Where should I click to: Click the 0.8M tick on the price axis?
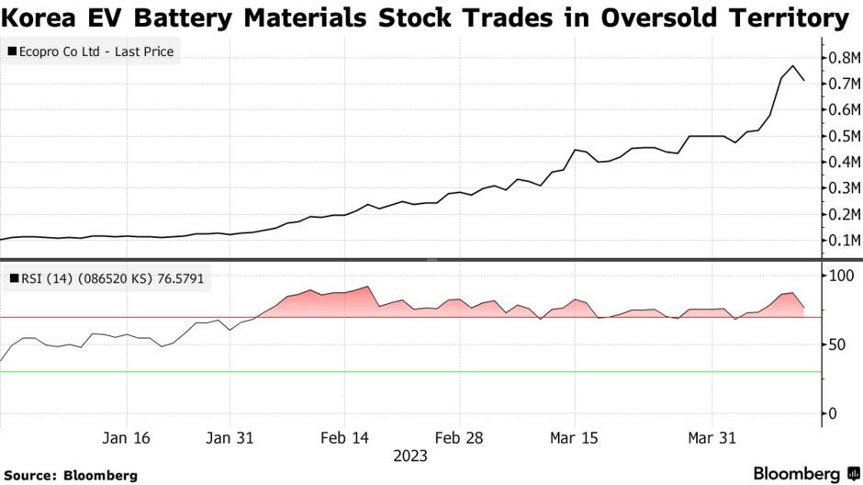click(843, 58)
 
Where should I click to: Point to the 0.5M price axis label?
click(843, 136)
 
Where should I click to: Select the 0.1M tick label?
click(843, 241)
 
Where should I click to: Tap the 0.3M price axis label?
click(843, 188)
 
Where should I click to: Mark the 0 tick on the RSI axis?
click(834, 413)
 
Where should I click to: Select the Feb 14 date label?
click(345, 438)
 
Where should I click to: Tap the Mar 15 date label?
click(575, 438)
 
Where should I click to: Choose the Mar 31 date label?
click(712, 438)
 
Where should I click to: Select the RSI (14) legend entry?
click(108, 278)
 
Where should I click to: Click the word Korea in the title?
click(42, 17)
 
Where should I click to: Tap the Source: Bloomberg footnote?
click(73, 475)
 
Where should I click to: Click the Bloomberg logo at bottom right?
click(796, 473)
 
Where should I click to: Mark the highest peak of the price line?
click(792, 66)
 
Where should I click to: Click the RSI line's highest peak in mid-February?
click(368, 287)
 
